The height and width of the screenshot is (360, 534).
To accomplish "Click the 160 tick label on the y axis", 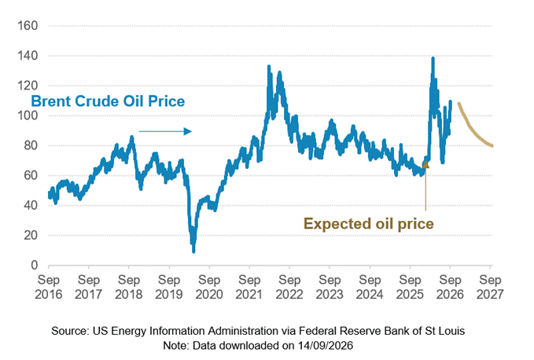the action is click(28, 25).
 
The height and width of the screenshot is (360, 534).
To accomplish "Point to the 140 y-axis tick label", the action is click(28, 56).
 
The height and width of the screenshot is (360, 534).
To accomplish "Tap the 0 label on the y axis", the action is click(34, 265).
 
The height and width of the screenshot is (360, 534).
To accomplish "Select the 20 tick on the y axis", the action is click(31, 235).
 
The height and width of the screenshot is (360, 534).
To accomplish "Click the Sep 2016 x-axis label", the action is click(48, 287).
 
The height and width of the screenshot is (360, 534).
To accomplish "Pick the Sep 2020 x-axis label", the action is click(209, 287).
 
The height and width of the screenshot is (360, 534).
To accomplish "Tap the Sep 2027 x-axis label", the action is click(490, 287).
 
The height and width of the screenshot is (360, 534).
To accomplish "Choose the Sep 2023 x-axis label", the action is click(330, 287).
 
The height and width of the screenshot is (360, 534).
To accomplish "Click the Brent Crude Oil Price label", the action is click(108, 101).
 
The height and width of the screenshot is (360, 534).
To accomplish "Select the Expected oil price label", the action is click(369, 224).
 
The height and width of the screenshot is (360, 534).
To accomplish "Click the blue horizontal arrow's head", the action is click(188, 131).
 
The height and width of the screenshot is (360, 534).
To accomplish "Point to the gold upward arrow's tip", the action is click(425, 162).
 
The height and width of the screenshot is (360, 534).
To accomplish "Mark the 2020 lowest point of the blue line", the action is click(193, 251).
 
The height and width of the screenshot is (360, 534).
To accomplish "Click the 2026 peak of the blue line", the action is click(433, 58).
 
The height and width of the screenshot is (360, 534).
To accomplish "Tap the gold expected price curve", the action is click(471, 130).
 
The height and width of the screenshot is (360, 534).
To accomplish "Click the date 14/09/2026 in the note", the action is click(326, 346).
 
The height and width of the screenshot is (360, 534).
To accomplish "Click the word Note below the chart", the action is click(175, 346).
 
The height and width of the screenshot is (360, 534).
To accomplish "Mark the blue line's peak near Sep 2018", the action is click(131, 137).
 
